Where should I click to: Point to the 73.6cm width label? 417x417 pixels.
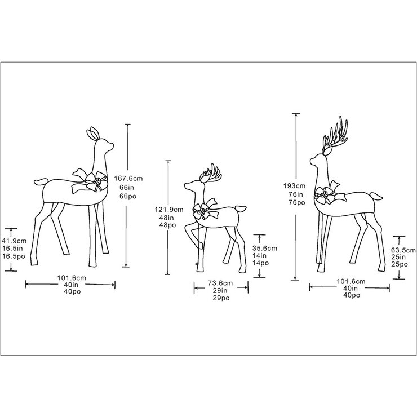point(221,282)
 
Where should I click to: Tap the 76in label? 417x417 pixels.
point(296,194)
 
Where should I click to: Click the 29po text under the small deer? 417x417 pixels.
point(221,299)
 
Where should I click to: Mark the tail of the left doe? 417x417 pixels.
point(40,183)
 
